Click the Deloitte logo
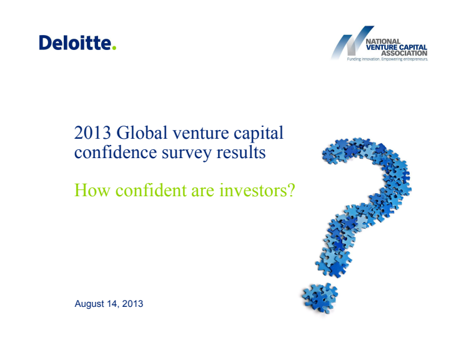tap(77, 42)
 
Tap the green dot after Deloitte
tap(114, 47)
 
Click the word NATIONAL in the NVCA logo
tap(383, 41)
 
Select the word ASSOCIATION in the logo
tap(404, 53)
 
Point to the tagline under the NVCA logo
tap(387, 59)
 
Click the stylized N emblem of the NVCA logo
tap(352, 42)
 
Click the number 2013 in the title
tap(92, 132)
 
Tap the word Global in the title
tap(142, 132)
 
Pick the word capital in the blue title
tap(259, 134)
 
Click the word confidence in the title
tap(116, 152)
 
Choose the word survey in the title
tap(187, 154)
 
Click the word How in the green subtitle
tap(92, 190)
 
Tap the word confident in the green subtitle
tap(151, 190)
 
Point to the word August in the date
tap(89, 304)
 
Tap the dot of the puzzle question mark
tap(320, 297)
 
